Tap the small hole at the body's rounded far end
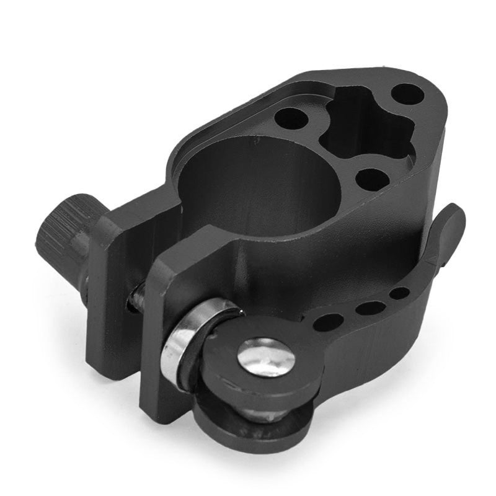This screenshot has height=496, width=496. click(x=407, y=94)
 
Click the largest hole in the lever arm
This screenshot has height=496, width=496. click(x=328, y=322)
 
